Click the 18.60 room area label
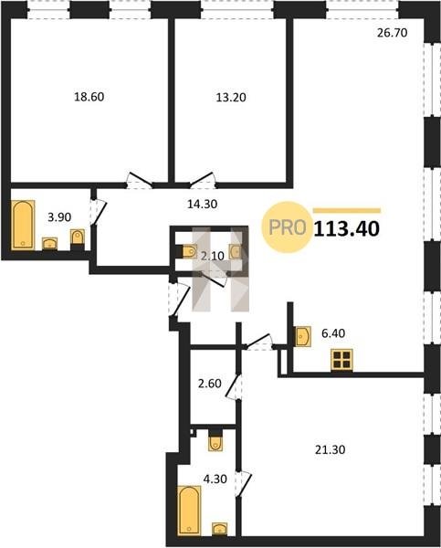click(x=89, y=97)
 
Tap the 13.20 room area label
click(x=231, y=97)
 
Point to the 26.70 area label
click(x=393, y=33)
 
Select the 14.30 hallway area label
click(x=203, y=204)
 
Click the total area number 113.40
click(x=347, y=229)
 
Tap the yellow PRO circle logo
click(x=287, y=227)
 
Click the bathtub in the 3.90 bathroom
click(x=23, y=225)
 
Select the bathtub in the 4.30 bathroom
click(x=189, y=510)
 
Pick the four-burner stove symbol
click(x=341, y=360)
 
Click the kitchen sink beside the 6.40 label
click(x=303, y=336)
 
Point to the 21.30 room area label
click(x=331, y=449)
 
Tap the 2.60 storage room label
click(x=210, y=384)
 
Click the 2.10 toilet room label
click(x=213, y=256)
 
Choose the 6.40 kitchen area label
click(x=333, y=333)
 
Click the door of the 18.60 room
click(x=139, y=180)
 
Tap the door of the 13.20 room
click(x=203, y=180)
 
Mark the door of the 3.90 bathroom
click(x=99, y=212)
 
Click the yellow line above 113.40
click(x=347, y=210)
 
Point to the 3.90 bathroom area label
click(x=59, y=217)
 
